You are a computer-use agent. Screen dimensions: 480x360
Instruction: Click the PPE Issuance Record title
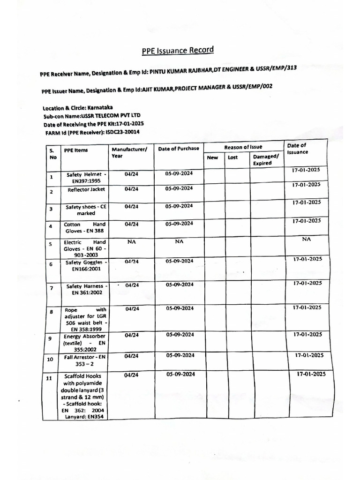coord(178,51)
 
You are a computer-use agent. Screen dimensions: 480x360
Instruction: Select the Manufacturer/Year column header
coord(129,152)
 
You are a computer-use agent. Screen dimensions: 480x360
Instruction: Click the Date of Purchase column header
coord(178,149)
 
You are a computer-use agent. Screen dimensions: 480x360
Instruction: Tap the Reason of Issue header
coord(243,147)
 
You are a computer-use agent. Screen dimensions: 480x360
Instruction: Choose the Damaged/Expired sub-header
coord(266,160)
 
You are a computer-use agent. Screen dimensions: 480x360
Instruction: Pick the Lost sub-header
coord(233,157)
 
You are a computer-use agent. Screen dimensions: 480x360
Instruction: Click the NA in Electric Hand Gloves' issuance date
coord(306,239)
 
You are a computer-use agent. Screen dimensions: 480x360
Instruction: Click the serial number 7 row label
coord(51,288)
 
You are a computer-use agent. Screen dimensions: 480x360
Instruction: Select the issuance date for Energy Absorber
coord(307,335)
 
